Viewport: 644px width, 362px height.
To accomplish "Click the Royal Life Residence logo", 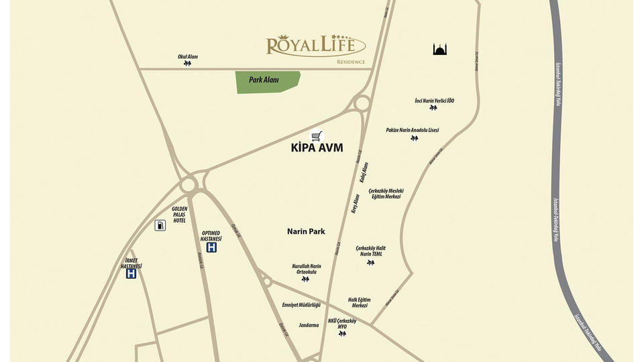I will [x=315, y=47].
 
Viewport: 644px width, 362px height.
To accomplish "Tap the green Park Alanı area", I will [x=267, y=81].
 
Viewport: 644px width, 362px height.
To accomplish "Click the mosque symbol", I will [x=440, y=49].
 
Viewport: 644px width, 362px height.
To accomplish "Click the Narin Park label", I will [x=306, y=231].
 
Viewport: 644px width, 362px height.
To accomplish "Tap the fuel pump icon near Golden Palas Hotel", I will [x=160, y=225].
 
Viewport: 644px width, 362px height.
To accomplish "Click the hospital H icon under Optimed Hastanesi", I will [x=212, y=247].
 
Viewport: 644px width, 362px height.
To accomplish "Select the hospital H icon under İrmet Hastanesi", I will [x=131, y=274].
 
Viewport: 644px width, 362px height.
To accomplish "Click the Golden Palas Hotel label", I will [x=180, y=215].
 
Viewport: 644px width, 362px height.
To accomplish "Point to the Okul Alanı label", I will [x=188, y=57].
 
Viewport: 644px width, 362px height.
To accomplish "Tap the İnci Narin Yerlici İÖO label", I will [x=434, y=101].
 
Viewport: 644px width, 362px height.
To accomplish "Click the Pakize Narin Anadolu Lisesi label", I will [x=412, y=130].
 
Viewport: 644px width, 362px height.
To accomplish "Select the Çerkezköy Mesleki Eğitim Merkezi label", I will [x=386, y=193].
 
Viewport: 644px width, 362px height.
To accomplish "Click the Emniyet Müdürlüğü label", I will [x=301, y=305].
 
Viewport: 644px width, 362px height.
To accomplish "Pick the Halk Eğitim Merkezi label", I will [x=359, y=302].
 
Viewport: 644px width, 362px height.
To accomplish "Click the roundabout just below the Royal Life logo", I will [x=362, y=103].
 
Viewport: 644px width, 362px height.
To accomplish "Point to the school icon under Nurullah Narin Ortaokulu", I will [x=305, y=279].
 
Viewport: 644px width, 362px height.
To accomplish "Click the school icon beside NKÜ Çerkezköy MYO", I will [x=342, y=333].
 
